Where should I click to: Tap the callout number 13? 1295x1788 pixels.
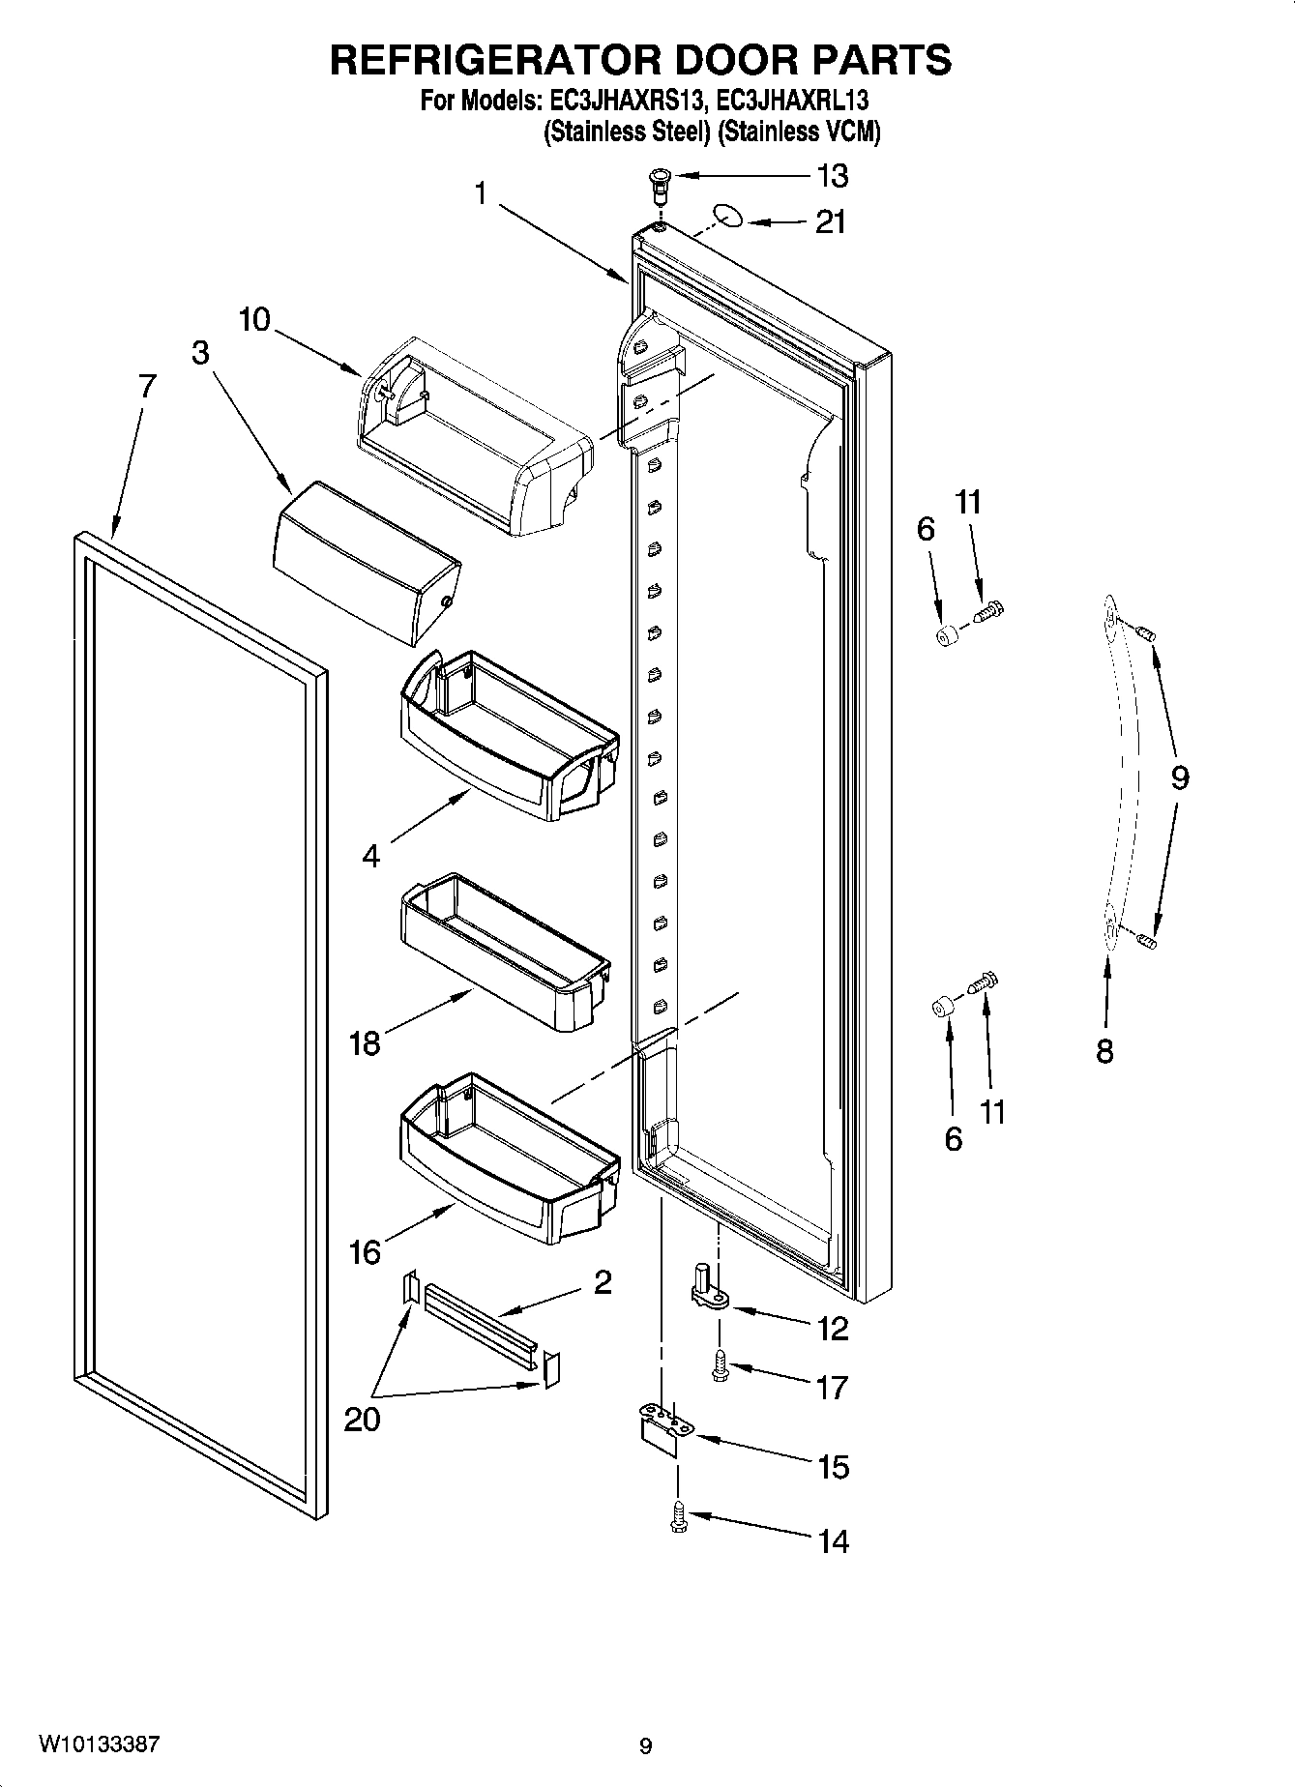[x=832, y=176]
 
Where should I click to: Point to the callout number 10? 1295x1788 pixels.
[x=254, y=319]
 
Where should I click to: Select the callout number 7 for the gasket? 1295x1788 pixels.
[x=146, y=387]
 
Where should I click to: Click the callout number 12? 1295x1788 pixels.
[x=832, y=1329]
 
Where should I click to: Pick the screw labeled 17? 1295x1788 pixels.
[x=719, y=1363]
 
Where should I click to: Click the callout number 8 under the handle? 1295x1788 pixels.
[x=1104, y=1051]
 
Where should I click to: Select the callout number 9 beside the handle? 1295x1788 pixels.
[x=1179, y=777]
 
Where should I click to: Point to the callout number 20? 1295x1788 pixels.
[x=362, y=1420]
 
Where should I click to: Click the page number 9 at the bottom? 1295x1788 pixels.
[x=645, y=1746]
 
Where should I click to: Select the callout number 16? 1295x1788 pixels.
[x=365, y=1252]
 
